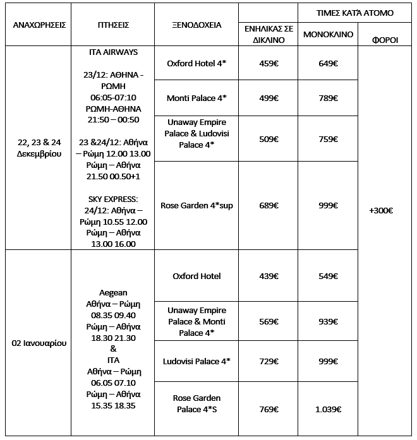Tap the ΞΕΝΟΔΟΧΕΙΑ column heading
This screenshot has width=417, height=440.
coord(196,25)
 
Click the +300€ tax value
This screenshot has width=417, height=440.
coord(381,211)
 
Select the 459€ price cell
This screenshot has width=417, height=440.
coord(269,64)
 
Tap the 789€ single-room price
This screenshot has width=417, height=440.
coord(329,98)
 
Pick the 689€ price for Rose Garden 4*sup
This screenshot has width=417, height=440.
coord(269,205)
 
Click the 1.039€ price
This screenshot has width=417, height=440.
coord(329,409)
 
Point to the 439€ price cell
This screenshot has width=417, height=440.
coord(269,276)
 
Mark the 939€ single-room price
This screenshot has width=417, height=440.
coord(329,321)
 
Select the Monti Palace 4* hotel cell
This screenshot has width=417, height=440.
coord(196,98)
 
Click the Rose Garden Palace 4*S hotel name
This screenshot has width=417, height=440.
coord(196,403)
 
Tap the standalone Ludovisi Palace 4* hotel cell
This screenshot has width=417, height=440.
coord(196,361)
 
